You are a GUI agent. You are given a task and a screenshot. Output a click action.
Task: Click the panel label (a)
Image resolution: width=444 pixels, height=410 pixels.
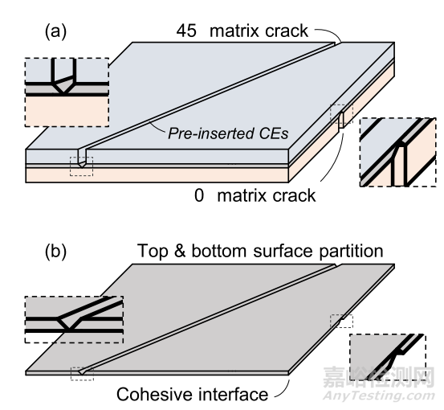pyautogui.click(x=55, y=31)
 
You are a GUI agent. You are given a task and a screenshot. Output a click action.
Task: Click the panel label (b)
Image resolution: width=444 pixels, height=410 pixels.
pyautogui.click(x=55, y=251)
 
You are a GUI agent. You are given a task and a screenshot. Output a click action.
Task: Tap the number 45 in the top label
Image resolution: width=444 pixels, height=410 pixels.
pyautogui.click(x=186, y=31)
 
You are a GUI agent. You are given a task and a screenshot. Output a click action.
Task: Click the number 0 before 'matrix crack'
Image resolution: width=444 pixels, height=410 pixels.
pyautogui.click(x=199, y=195)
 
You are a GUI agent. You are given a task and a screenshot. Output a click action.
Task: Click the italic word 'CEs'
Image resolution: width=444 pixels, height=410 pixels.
pyautogui.click(x=274, y=133)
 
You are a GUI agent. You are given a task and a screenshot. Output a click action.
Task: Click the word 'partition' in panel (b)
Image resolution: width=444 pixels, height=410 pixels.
pyautogui.click(x=351, y=251)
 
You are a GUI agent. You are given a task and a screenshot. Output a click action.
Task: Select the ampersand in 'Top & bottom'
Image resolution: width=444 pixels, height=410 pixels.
pyautogui.click(x=180, y=251)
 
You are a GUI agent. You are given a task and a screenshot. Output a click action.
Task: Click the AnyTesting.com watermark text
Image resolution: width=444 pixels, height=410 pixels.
pyautogui.click(x=379, y=396)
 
